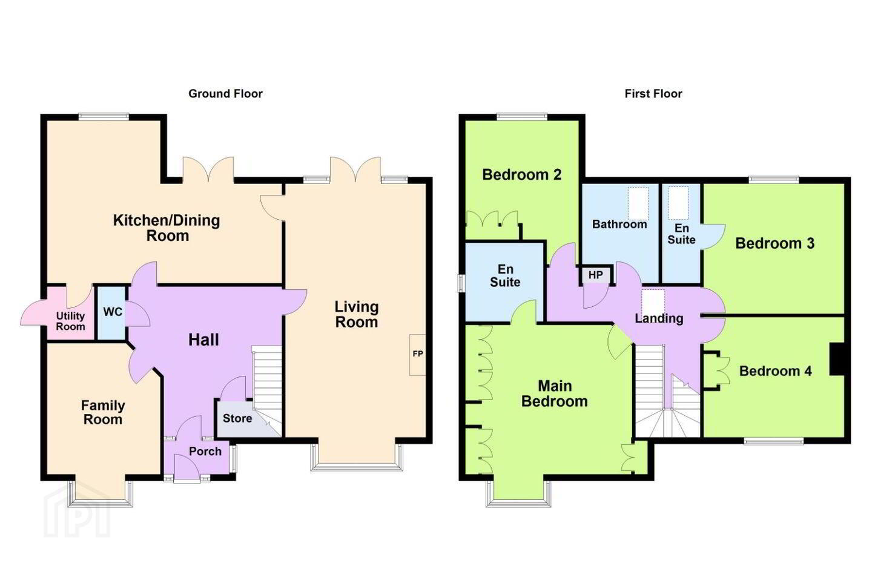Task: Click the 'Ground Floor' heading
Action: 225,94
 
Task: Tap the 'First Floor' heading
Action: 653,94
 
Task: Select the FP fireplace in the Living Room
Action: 417,355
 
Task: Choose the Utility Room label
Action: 70,321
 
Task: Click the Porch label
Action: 205,451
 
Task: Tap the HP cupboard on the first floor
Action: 596,275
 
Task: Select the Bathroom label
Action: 619,224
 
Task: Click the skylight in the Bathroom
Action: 638,203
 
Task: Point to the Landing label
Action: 659,318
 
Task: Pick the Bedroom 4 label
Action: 776,371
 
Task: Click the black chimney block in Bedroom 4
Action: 837,359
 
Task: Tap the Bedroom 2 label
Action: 521,175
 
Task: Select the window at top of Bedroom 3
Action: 774,180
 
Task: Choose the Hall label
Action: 203,340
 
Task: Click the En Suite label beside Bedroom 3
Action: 681,234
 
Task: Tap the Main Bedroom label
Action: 554,393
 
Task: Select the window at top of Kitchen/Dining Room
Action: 104,116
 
